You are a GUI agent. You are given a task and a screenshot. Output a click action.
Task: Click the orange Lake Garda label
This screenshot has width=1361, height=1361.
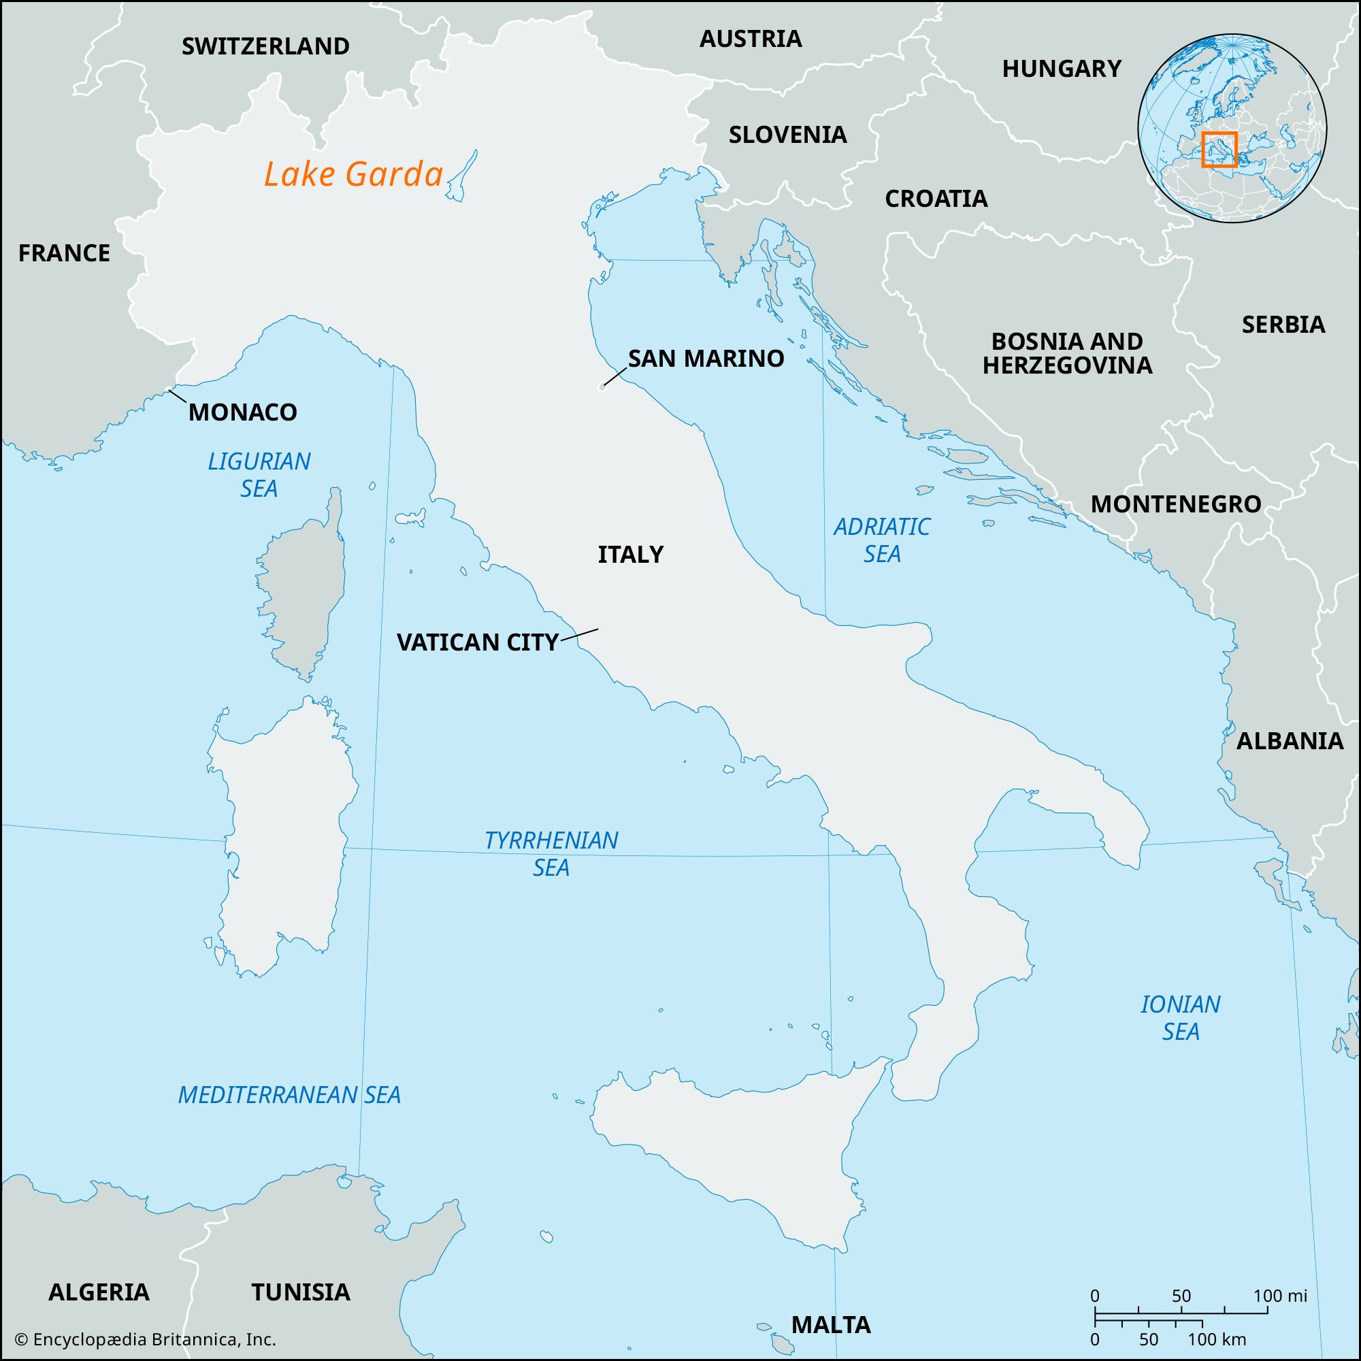click(354, 175)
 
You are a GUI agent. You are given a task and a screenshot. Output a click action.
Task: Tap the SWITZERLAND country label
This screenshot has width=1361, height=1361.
click(265, 46)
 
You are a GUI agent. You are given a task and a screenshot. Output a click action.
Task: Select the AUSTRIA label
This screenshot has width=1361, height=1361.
click(750, 39)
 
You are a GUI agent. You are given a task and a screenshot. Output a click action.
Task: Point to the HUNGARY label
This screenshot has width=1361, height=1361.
click(1062, 68)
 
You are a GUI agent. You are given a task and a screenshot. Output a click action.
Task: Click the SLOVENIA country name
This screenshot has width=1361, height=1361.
click(787, 135)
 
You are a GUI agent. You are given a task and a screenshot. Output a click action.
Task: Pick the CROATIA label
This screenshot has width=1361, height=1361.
click(936, 199)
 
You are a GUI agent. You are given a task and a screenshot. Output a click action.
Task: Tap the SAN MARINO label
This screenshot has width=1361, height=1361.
click(706, 359)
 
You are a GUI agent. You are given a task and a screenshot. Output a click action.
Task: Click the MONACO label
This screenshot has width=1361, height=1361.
click(242, 412)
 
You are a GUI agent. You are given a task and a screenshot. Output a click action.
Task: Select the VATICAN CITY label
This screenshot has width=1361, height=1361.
click(478, 642)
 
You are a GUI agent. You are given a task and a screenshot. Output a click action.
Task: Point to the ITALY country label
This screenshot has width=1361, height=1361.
click(631, 555)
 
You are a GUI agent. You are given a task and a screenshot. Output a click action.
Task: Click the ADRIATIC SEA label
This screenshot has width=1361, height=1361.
click(882, 540)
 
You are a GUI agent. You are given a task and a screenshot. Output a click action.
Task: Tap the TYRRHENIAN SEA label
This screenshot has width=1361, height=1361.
click(551, 853)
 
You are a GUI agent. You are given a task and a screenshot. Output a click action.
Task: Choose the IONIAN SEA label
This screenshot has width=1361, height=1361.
click(1181, 1017)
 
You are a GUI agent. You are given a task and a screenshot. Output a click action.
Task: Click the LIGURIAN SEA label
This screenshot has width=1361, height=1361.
click(259, 475)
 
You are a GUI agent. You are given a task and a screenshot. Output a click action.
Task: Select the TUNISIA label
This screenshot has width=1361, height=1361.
click(301, 1292)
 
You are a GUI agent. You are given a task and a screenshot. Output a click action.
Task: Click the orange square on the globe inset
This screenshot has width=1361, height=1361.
click(1219, 149)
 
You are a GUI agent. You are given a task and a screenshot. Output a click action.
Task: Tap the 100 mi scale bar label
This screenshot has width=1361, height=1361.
click(1279, 1296)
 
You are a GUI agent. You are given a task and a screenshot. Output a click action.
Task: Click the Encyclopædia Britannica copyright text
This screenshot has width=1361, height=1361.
click(146, 1339)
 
